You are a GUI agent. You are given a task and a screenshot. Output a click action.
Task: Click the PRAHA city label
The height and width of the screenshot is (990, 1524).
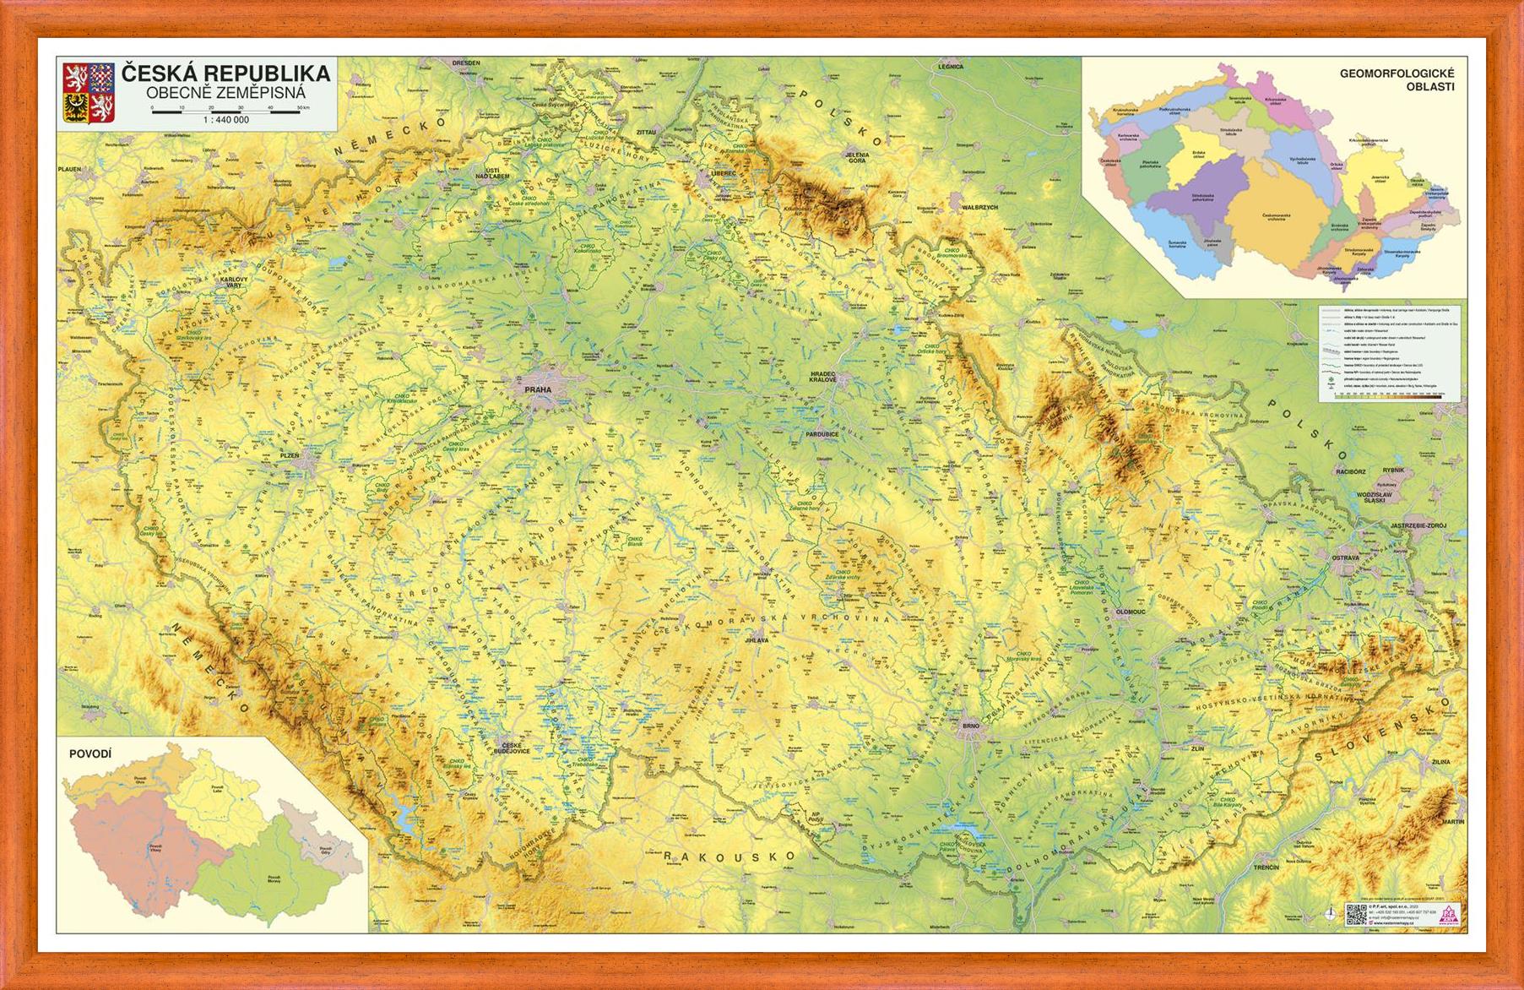(x=537, y=389)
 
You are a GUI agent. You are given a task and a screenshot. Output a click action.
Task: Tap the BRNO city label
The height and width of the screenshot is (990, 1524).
(x=971, y=726)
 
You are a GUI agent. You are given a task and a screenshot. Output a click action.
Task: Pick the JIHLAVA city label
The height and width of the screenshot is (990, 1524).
(x=757, y=640)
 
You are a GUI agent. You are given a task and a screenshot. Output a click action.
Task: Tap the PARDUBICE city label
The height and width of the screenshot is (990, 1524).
(x=822, y=434)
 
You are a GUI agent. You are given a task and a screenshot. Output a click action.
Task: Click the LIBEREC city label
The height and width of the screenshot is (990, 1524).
(x=723, y=173)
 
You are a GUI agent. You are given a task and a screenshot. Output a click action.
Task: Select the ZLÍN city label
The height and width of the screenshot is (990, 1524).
(x=1197, y=748)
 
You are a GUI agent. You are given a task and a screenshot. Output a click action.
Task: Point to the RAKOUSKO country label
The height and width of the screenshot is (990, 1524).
(x=729, y=857)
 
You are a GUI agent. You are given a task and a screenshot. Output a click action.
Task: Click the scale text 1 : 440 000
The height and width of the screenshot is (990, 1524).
(x=225, y=120)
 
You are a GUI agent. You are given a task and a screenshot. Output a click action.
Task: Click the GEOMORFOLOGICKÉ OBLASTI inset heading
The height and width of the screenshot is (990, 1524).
(x=1397, y=79)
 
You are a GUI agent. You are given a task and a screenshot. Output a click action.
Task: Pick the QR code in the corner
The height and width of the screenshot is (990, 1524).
(x=1355, y=914)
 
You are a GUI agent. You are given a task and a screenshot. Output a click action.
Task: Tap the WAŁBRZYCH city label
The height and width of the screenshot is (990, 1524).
(x=980, y=207)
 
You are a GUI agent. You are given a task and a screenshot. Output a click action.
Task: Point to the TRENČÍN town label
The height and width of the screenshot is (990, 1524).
(x=1266, y=868)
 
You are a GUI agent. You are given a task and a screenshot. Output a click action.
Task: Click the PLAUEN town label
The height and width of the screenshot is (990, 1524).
(x=69, y=169)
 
